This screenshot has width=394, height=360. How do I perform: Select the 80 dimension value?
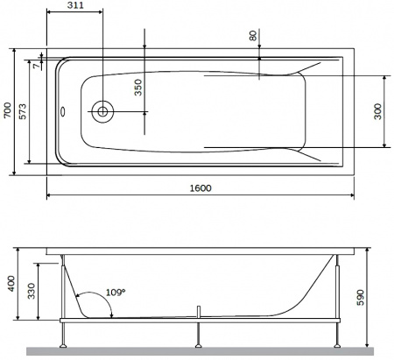pos(253,36)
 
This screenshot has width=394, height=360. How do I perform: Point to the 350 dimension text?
pos(136,87)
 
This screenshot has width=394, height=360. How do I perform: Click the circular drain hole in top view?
pos(103,111)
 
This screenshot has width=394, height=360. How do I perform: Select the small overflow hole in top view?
pos(63,111)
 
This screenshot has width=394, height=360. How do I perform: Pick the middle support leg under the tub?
pos(201,333)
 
